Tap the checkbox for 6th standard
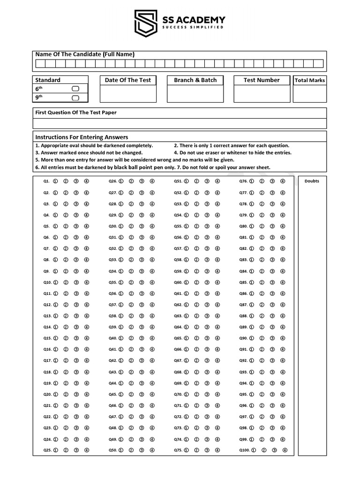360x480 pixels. tap(75, 89)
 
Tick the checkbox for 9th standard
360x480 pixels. tap(75, 97)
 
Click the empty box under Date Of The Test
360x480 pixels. tap(128, 93)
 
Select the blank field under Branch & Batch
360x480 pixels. tap(195, 93)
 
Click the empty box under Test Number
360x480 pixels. tap(262, 93)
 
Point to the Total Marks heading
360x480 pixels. tap(310, 80)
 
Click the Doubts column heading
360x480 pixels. tap(312, 181)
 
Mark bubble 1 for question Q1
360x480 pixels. tap(55, 181)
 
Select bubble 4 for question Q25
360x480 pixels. tap(87, 450)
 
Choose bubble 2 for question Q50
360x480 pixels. tap(131, 450)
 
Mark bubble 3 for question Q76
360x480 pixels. tap(272, 181)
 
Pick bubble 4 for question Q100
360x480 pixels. tap(285, 450)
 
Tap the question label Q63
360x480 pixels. tap(178, 316)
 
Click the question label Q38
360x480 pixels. tap(112, 316)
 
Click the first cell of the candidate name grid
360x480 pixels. tap(40, 64)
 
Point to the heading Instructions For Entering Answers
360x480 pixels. tap(82, 137)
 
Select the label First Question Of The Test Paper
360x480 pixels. tap(76, 112)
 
